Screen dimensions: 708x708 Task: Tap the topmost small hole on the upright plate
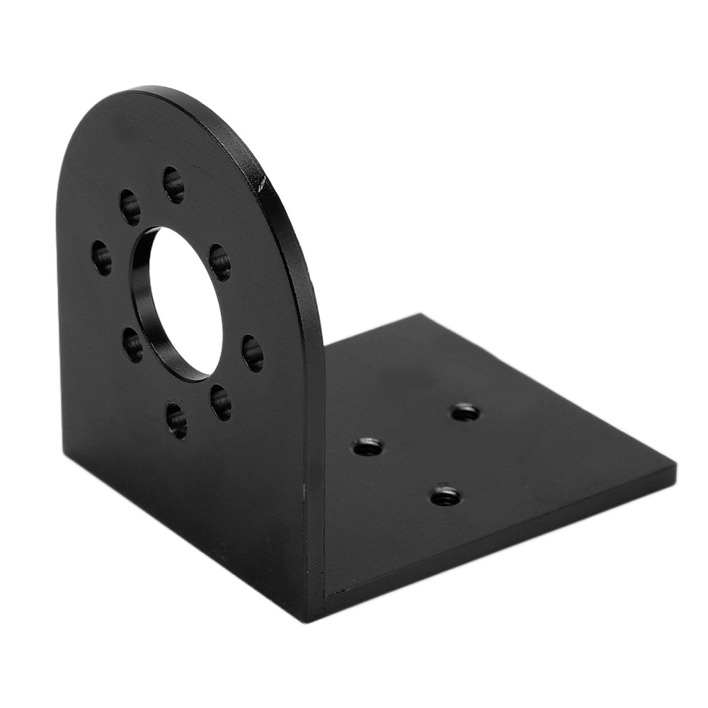(173, 184)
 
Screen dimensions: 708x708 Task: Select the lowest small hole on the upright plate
(176, 420)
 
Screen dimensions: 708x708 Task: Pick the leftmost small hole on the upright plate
(101, 258)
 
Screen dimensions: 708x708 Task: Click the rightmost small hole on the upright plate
(253, 353)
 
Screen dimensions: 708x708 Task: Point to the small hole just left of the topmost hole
(130, 207)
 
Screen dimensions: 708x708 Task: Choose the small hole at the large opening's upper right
(219, 262)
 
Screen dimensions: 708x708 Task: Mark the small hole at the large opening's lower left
(132, 344)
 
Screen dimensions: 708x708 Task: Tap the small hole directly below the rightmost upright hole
(220, 402)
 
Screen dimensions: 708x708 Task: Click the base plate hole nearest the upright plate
(367, 447)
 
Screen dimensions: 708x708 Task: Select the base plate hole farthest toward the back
(465, 411)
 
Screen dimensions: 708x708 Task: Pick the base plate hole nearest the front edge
(445, 496)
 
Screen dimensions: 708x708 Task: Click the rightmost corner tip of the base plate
(674, 469)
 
